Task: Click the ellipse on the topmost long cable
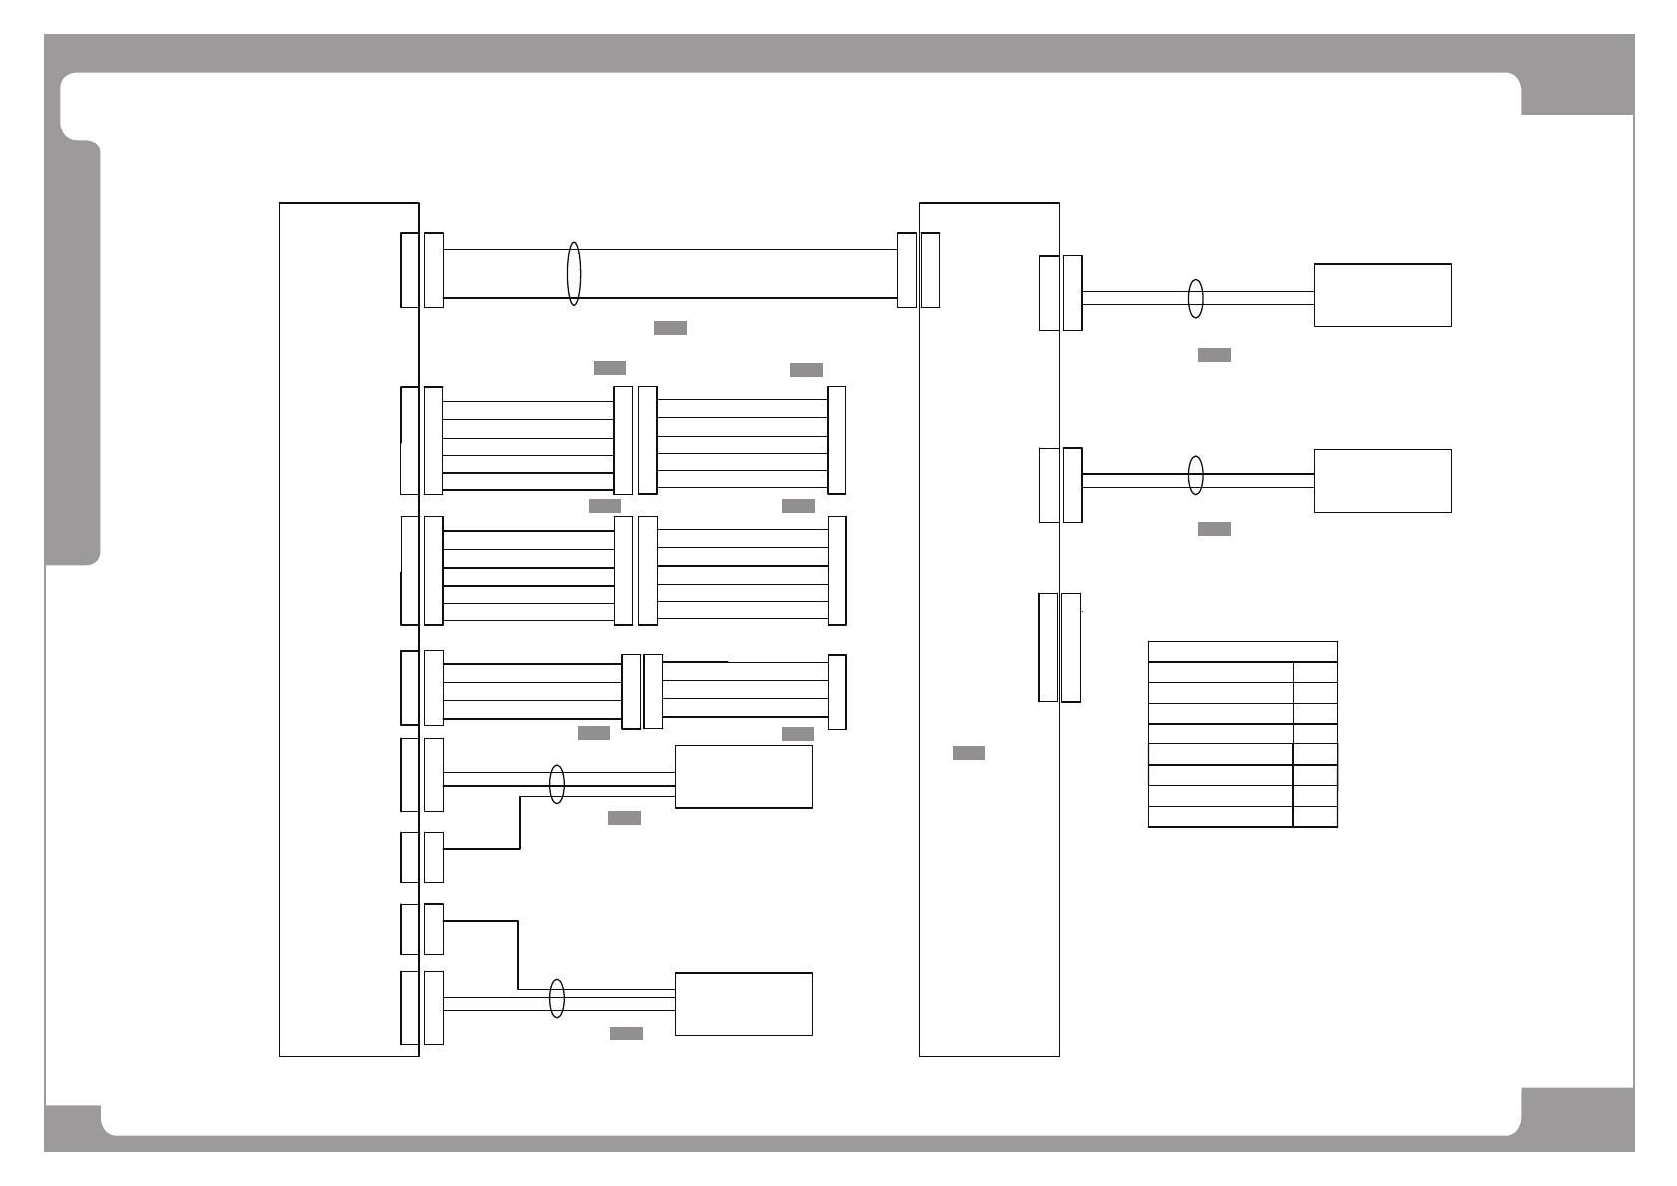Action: click(573, 273)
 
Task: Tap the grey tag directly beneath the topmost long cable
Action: click(670, 328)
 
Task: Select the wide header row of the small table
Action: click(1241, 651)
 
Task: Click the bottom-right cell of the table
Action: click(1315, 816)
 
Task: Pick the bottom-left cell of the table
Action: click(1219, 816)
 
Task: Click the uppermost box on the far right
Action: click(1382, 295)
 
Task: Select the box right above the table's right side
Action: click(1382, 481)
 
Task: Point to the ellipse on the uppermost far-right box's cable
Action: click(1196, 298)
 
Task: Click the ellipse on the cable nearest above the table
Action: click(1196, 475)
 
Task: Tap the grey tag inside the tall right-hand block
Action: click(968, 753)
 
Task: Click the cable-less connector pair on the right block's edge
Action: click(1059, 647)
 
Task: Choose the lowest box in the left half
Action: click(743, 1004)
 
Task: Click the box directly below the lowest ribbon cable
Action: click(743, 776)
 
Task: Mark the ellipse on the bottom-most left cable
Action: click(557, 998)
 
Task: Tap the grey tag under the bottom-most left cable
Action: click(626, 1034)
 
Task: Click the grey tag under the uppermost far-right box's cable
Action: click(1214, 355)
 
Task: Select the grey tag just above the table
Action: click(1214, 529)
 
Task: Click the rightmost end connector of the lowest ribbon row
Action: click(838, 692)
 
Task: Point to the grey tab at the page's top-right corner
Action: click(1577, 76)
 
